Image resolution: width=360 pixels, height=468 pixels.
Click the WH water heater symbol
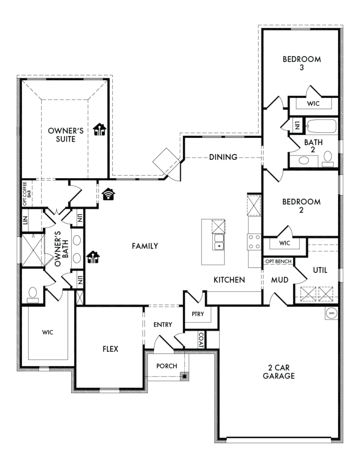(331, 313)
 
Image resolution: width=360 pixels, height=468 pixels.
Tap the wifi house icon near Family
(109, 194)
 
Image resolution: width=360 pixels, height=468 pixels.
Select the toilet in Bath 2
(328, 159)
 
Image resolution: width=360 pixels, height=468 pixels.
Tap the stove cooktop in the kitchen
(254, 242)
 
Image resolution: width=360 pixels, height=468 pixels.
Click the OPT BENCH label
(278, 262)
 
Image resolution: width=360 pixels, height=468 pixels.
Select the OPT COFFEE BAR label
(27, 194)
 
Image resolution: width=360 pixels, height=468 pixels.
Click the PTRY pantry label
(198, 314)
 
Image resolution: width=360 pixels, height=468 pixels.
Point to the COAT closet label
(201, 340)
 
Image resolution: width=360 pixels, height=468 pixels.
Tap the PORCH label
(167, 366)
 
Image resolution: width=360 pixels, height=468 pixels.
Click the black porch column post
(185, 377)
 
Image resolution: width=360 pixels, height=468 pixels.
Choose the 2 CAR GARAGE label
(278, 371)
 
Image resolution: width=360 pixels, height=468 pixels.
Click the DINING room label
(223, 157)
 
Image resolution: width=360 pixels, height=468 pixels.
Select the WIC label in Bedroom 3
(313, 104)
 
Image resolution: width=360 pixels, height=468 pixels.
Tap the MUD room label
(280, 280)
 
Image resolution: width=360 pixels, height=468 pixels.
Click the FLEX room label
(110, 349)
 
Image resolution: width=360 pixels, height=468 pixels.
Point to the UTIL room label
(320, 270)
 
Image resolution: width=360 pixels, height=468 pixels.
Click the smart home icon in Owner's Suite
(100, 130)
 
